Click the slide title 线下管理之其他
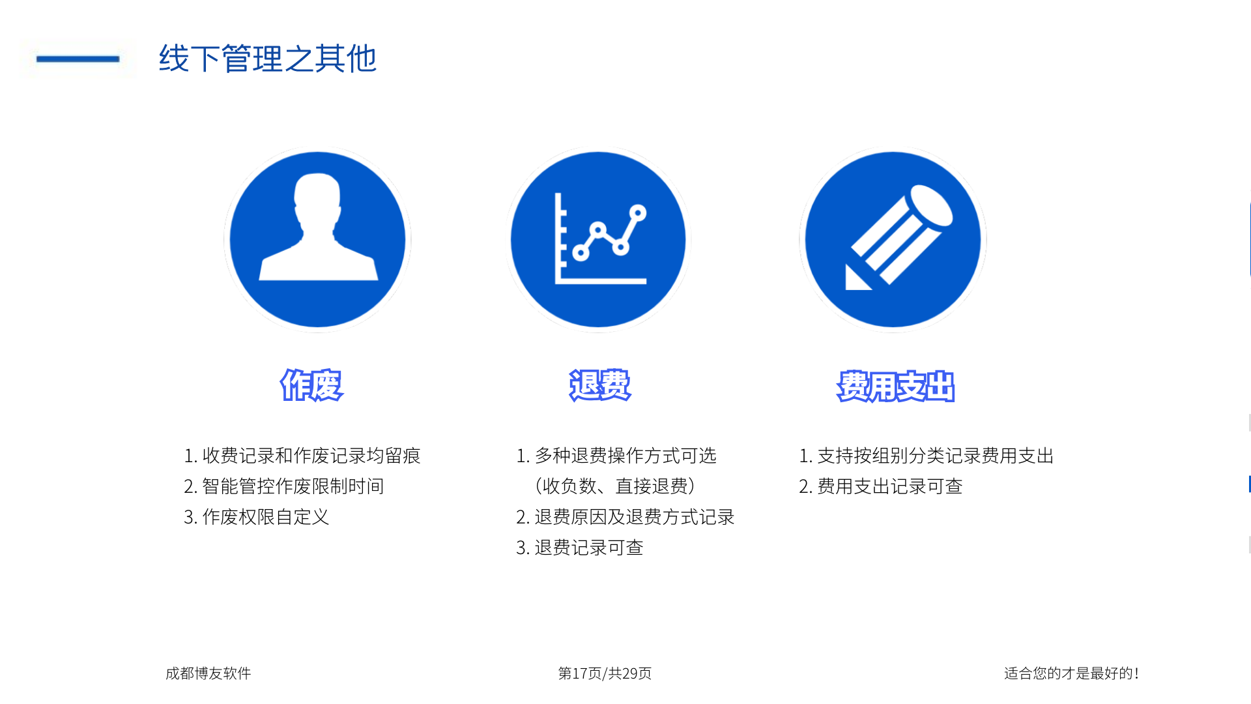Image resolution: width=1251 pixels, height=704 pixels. click(x=268, y=59)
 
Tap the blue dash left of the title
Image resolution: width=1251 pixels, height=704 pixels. click(x=78, y=59)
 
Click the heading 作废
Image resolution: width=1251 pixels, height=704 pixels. click(x=311, y=385)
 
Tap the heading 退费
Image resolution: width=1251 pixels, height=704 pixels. click(x=600, y=385)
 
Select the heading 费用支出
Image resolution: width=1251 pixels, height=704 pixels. click(x=896, y=387)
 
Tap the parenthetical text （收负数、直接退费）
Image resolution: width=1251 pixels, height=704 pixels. click(x=616, y=486)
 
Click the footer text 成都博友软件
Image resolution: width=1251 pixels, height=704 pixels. click(x=208, y=673)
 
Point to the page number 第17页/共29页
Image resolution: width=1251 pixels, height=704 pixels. click(x=605, y=673)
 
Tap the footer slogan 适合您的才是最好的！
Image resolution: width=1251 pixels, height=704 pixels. click(x=1071, y=673)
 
